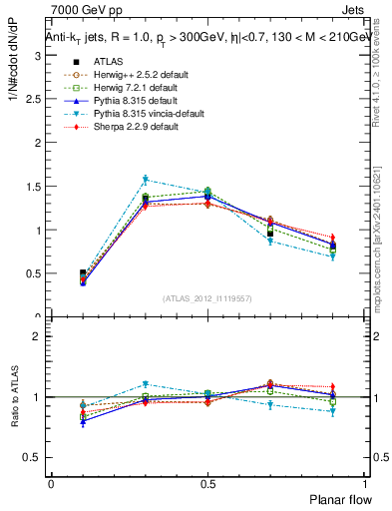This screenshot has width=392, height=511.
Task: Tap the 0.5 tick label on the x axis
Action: pyautogui.click(x=208, y=482)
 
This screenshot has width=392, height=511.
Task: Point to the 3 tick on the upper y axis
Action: pyautogui.click(x=37, y=55)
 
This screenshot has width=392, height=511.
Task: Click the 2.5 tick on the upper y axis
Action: pyautogui.click(x=33, y=99)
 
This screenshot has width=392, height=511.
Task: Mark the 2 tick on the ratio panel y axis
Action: pyautogui.click(x=37, y=337)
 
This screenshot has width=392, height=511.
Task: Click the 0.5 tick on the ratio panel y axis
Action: pyautogui.click(x=33, y=457)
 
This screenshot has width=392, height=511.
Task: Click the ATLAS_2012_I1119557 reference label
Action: pyautogui.click(x=207, y=298)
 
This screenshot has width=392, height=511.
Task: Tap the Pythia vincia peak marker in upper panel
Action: pyautogui.click(x=145, y=180)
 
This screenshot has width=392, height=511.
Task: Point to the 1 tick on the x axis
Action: pyautogui.click(x=365, y=482)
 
